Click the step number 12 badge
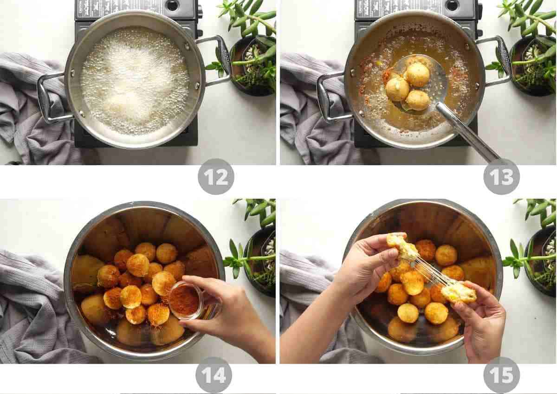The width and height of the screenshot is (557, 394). (216, 177)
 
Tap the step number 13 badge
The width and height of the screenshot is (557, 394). (501, 177)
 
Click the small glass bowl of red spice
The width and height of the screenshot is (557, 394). (186, 300)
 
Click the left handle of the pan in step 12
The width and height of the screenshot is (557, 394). (51, 98)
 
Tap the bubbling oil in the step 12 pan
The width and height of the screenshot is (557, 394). (135, 79)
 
